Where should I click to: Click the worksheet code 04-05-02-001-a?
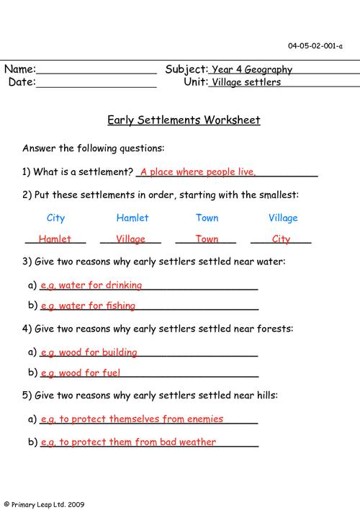[315, 46]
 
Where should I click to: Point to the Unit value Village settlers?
[246, 82]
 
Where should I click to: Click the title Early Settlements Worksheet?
[184, 120]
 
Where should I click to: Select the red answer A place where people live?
[198, 172]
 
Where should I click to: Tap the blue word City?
[55, 218]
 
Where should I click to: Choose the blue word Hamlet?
[132, 218]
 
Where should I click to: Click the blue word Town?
[207, 218]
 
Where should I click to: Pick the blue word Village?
[283, 218]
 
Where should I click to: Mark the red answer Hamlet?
[55, 239]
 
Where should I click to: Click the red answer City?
[281, 239]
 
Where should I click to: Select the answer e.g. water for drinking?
[91, 285]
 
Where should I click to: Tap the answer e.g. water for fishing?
[88, 305]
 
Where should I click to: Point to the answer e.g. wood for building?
[89, 352]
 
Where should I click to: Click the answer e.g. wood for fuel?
[80, 372]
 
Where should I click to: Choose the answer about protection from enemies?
[132, 419]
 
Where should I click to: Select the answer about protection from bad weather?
[128, 442]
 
